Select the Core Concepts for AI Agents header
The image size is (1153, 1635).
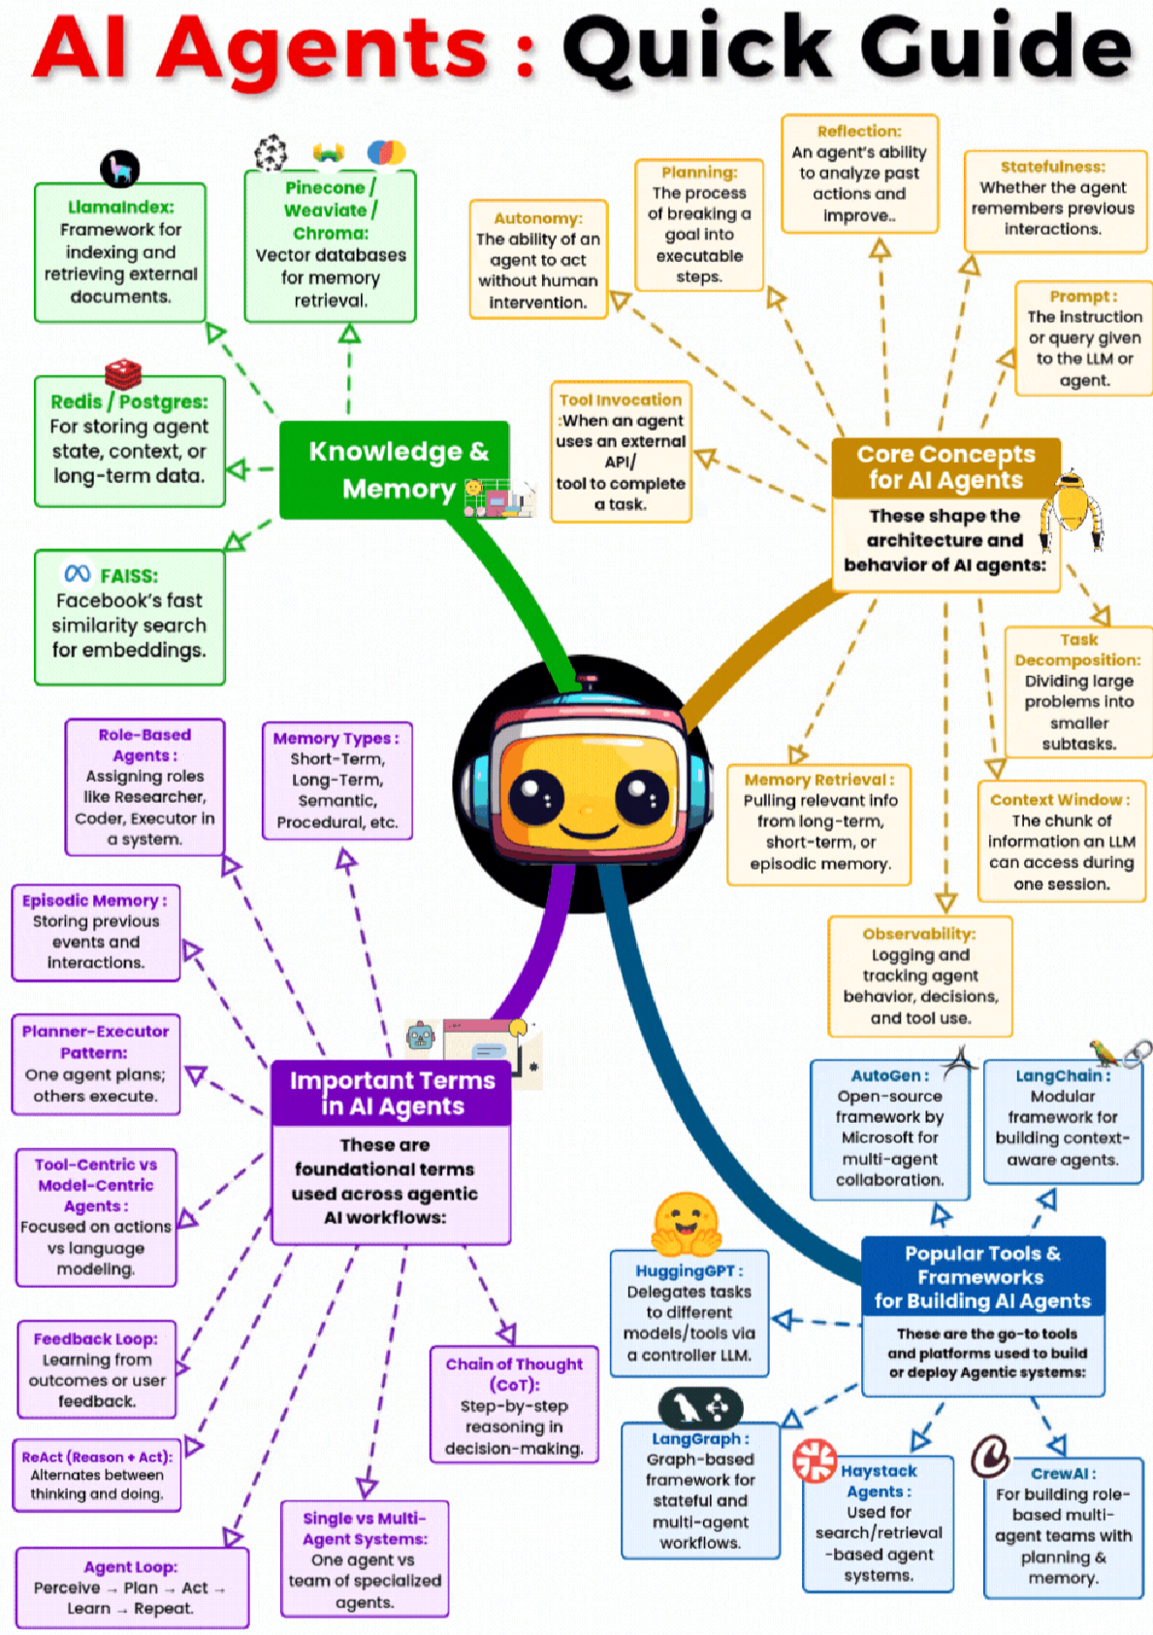pos(945,467)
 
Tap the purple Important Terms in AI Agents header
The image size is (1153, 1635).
pos(392,1094)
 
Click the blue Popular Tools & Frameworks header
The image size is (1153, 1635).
pos(982,1276)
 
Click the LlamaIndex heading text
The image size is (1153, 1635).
pos(120,207)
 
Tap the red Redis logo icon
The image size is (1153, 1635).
pos(123,373)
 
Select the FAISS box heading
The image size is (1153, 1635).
pos(128,576)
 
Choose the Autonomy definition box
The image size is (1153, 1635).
pos(538,260)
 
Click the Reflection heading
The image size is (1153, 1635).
pos(859,131)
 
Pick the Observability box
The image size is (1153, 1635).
pos(919,977)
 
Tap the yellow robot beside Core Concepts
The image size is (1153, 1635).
pos(1071,510)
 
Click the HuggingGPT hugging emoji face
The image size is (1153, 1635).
pos(686,1223)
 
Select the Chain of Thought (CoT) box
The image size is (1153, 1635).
pos(514,1405)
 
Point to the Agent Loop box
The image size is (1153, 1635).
pos(131,1587)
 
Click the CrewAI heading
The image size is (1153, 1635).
pos(1063,1473)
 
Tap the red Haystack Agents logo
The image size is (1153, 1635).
pos(815,1460)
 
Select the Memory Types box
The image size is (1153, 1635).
pos(336,781)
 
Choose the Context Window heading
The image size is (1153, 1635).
pos(1060,800)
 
